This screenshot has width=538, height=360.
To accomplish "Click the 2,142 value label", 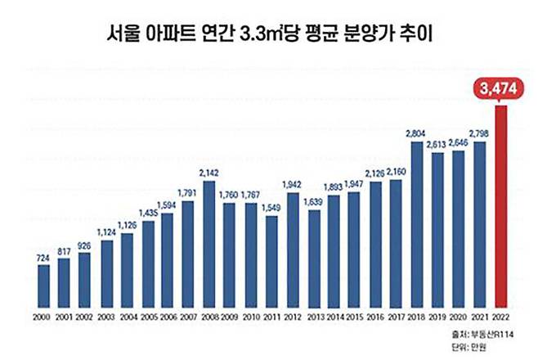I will point(208,173).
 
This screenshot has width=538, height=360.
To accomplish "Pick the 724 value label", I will point(43,258).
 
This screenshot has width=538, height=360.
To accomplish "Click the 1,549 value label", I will point(271,209).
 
